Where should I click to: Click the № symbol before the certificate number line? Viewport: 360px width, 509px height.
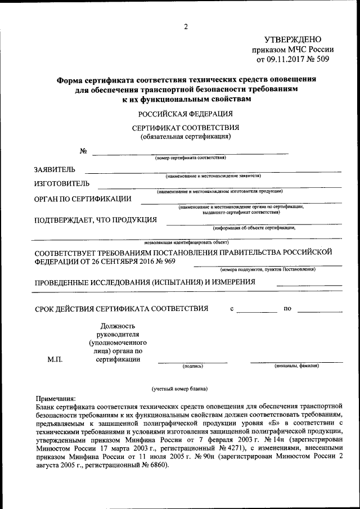[x=83, y=151]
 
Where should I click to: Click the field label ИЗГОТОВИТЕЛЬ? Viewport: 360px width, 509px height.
[x=62, y=184]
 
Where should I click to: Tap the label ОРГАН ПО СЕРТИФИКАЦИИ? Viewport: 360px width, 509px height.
[x=83, y=199]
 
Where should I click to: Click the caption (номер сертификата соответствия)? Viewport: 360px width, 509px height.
[x=190, y=159]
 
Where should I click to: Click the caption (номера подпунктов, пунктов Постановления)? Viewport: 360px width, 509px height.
[x=267, y=269]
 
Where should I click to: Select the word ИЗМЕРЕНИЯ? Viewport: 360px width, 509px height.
[x=231, y=282]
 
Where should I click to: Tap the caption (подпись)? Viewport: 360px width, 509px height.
[x=193, y=366]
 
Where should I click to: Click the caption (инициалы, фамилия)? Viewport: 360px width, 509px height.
[x=296, y=366]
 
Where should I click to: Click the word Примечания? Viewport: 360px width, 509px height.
[x=56, y=397]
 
